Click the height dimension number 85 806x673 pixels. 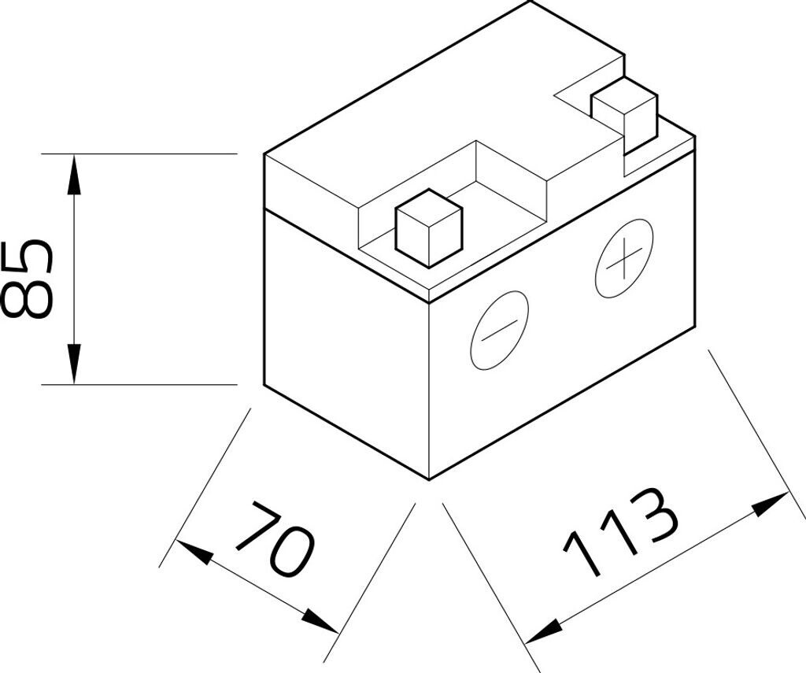point(27,278)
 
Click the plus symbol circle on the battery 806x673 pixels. point(624,258)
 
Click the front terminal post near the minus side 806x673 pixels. point(429,227)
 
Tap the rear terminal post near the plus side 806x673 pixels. point(624,116)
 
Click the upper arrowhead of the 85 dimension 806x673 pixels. point(75,175)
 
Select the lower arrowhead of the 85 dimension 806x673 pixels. point(75,364)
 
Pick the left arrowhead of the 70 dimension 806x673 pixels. point(194,551)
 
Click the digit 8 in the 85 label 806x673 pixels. point(27,298)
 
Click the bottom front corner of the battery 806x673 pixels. point(429,480)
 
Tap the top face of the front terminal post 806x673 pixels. point(429,209)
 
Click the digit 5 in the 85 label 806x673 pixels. point(27,257)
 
